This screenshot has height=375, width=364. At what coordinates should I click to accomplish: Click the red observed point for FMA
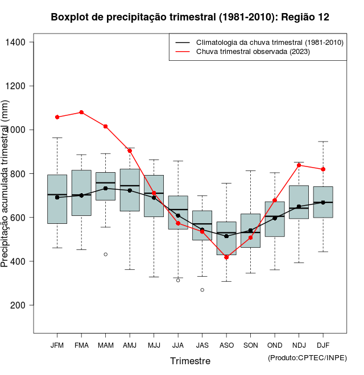point(81,113)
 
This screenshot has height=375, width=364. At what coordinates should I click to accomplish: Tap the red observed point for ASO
point(226,257)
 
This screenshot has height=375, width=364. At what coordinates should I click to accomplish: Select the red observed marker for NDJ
point(299,165)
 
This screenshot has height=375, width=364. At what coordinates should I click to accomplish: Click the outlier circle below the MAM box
point(105,254)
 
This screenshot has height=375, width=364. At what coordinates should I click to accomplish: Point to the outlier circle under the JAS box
point(202,290)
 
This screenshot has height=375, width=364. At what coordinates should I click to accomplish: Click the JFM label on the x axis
point(57,345)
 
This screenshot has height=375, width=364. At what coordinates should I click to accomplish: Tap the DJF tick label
point(323,345)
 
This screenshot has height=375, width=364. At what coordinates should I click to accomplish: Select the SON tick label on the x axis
point(250,345)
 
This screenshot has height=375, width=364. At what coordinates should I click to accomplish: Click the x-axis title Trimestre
point(190,361)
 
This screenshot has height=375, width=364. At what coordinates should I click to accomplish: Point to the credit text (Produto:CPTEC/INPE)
point(307,357)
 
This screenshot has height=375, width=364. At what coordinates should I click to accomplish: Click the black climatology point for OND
point(275,218)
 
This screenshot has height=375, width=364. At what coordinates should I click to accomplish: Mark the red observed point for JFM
point(57,117)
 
